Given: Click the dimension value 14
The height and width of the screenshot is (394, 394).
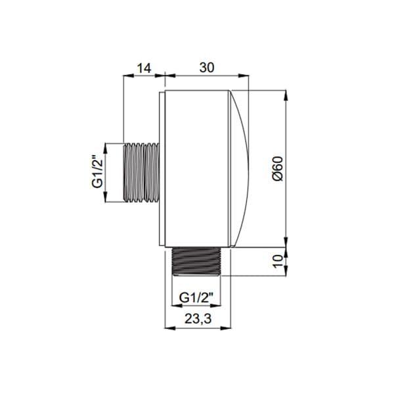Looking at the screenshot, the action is tap(144, 68).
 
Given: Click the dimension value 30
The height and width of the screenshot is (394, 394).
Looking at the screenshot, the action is tap(207, 68).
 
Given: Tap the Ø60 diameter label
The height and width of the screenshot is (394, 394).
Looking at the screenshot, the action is tap(278, 169).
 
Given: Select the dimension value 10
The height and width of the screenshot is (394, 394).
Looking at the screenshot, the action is tap(278, 261).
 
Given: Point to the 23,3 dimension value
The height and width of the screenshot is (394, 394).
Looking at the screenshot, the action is tap(198, 319).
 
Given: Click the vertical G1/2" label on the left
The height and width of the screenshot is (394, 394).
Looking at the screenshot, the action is tap(97, 171).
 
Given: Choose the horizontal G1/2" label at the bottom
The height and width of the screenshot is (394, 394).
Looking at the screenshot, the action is tap(196, 298).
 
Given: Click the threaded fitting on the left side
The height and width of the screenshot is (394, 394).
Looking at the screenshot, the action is tap(141, 172).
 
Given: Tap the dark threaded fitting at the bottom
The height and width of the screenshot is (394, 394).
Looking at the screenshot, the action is tap(196, 261).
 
